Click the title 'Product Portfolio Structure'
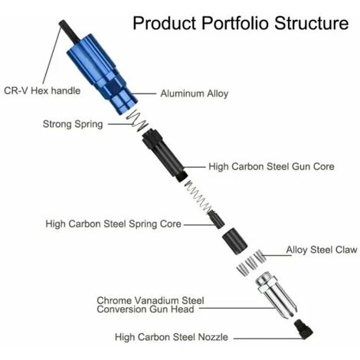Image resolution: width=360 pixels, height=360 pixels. pos(241,23)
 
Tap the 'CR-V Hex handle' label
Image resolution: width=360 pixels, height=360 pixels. pos(42,90)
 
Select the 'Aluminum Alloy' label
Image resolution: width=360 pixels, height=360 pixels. pos(195,93)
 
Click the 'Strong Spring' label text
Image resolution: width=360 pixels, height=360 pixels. pos(73,124)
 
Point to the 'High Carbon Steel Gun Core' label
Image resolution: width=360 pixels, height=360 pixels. pos(271,166)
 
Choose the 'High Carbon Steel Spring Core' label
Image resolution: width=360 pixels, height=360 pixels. pos(113,224)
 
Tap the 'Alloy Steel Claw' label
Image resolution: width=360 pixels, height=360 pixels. pos(322,250)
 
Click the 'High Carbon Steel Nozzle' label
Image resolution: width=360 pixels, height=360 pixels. pos(172,337)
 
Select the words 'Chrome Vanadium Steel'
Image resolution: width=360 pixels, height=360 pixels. pos(150,300)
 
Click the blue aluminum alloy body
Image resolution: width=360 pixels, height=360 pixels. pos(102,74)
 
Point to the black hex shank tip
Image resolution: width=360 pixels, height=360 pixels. pos(61,23)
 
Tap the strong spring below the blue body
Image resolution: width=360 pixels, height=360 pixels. pos(137,120)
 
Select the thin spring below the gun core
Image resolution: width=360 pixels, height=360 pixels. pos(198,195)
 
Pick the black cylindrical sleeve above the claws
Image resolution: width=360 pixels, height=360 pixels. pos(234,241)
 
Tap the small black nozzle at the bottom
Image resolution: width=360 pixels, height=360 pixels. pos(303,329)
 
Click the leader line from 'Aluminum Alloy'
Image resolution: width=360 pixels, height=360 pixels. pos(143,93)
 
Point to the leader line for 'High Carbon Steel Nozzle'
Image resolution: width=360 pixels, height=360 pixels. pos(269,339)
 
